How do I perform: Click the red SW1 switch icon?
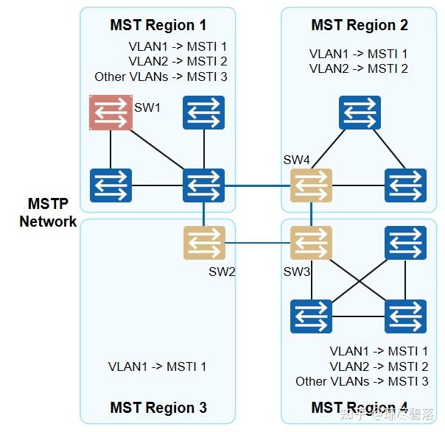point(111,113)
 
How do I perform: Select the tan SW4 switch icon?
point(311,185)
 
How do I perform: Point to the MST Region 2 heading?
point(359,25)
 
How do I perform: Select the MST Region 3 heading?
point(158,407)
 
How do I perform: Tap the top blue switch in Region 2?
point(360,113)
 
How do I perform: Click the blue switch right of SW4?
point(405,185)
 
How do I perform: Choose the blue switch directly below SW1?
point(111,185)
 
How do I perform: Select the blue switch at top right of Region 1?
point(204,113)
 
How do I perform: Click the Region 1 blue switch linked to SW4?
point(204,185)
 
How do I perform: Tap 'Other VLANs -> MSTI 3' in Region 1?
point(161,77)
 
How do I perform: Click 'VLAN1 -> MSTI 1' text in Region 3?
point(157,367)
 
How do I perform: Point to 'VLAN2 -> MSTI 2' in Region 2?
point(358,69)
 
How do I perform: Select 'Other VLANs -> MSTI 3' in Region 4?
point(362,381)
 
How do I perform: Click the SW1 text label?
point(147,107)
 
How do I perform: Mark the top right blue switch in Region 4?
point(405,243)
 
